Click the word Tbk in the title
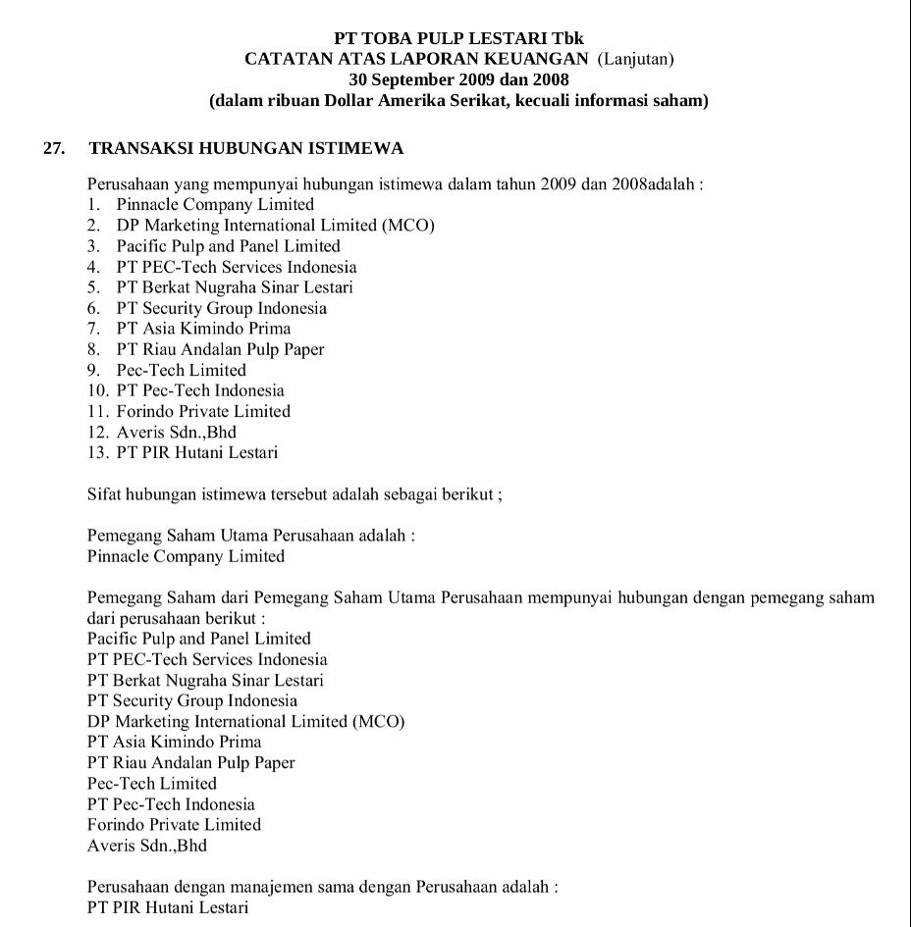click(568, 38)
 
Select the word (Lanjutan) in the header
click(636, 59)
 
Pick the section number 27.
click(55, 148)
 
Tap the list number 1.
click(93, 205)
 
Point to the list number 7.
click(93, 329)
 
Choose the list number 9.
click(93, 370)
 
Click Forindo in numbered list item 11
click(145, 411)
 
